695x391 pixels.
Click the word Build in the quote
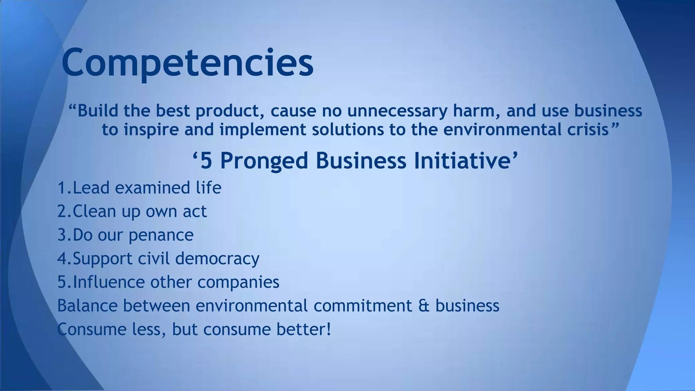[x=98, y=111]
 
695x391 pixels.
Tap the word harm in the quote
[x=476, y=111]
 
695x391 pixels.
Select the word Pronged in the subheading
[x=264, y=161]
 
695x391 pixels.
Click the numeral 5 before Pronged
[x=206, y=161]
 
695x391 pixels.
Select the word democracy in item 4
[x=217, y=259]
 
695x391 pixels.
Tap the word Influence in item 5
[x=109, y=282]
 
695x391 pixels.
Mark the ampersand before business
[x=424, y=305]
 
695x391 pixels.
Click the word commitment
[x=362, y=305]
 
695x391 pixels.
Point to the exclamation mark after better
[x=328, y=329]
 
